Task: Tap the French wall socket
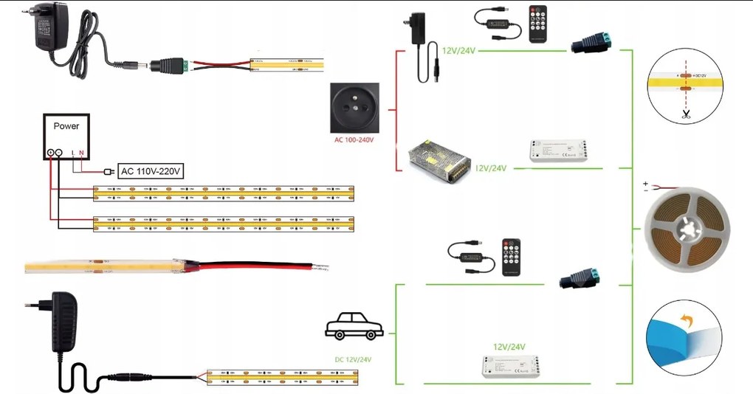point(355,106)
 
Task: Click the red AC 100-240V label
point(354,139)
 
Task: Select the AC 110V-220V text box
point(149,171)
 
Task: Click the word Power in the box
point(66,126)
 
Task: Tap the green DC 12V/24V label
point(354,360)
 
